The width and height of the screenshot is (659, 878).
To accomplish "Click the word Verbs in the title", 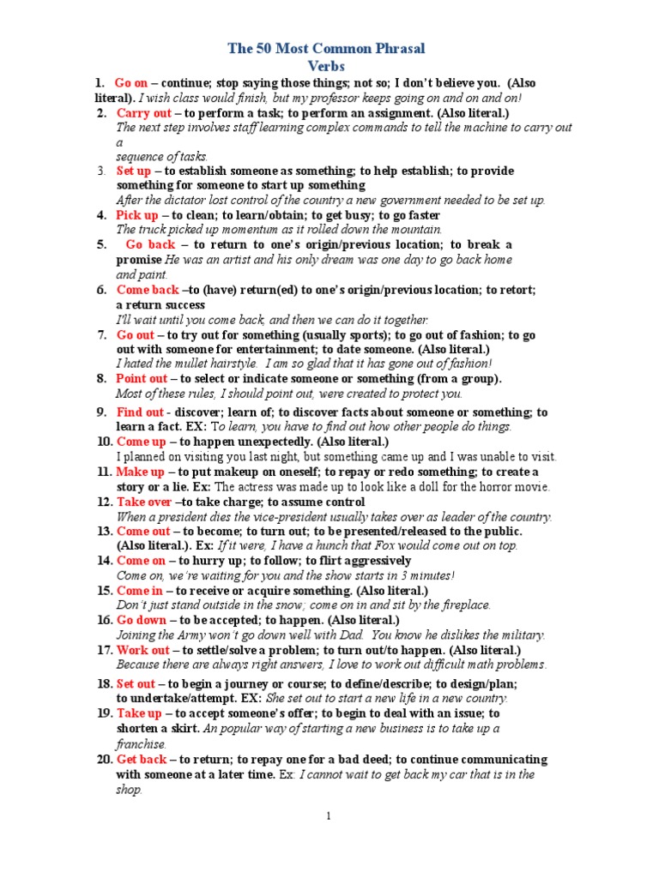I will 329,66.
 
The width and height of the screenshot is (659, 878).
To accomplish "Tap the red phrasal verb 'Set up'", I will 134,171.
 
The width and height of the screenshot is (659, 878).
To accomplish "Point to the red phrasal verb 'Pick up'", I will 137,215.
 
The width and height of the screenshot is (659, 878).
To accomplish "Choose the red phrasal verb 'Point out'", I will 142,378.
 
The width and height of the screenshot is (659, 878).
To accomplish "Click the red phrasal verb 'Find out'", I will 140,412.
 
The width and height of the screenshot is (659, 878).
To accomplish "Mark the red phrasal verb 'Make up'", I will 140,472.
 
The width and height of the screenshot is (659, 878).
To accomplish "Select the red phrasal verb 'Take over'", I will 144,502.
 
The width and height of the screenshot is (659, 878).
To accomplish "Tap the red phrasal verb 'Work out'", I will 142,650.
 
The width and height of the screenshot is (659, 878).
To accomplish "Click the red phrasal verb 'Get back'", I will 142,760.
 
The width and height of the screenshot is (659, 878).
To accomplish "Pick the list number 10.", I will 103,442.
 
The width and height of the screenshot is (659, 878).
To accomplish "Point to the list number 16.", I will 103,620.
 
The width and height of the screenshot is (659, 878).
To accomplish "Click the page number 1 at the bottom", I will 329,816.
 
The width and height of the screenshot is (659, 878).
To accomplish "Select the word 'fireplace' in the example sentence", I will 464,605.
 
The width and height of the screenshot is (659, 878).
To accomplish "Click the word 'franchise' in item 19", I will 141,744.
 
